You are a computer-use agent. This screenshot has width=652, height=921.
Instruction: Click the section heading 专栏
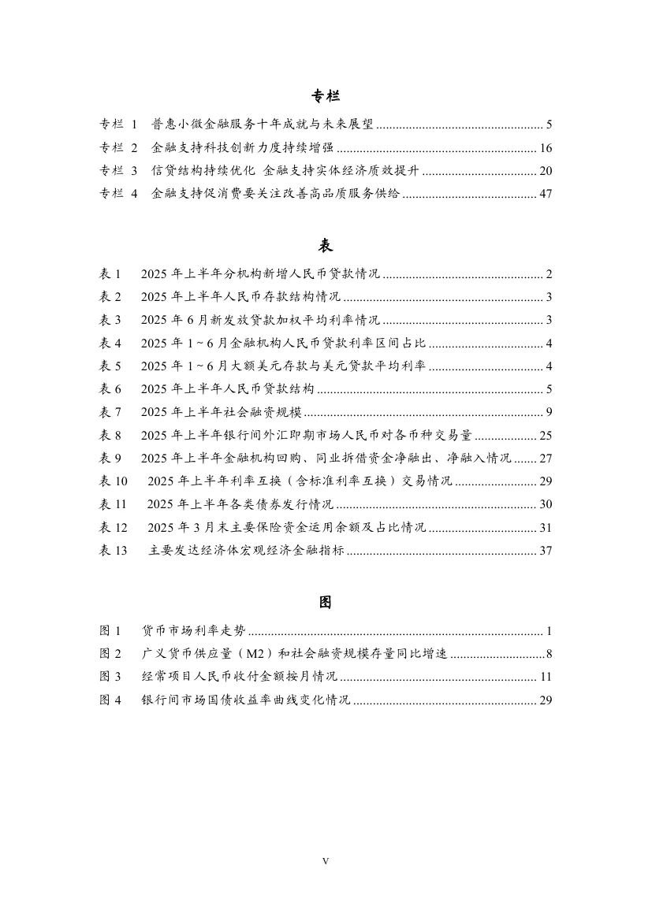click(x=326, y=96)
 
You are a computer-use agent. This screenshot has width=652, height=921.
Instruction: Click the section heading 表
click(x=326, y=245)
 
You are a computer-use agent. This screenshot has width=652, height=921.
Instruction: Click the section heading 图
click(x=326, y=602)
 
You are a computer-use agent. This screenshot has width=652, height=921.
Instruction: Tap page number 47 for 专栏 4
click(x=545, y=194)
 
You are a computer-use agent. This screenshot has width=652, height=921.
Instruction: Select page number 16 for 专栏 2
click(x=545, y=148)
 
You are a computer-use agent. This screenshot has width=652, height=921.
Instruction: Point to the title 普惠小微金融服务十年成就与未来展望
click(x=263, y=125)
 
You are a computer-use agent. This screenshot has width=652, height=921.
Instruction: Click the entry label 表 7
click(x=110, y=412)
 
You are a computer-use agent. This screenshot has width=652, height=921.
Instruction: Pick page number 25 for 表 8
click(x=545, y=435)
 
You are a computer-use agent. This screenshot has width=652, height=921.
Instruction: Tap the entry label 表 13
click(x=114, y=551)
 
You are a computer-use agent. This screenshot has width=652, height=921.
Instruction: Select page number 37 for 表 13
click(x=545, y=551)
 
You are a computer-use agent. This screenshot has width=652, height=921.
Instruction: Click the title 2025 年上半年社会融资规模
click(x=221, y=412)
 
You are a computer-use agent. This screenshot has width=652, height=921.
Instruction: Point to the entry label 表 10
click(x=114, y=481)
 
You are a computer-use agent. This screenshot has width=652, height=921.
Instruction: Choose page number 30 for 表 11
click(x=545, y=504)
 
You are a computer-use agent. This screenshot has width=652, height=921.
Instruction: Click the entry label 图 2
click(x=110, y=654)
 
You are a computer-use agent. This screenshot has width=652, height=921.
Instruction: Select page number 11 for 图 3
click(x=546, y=677)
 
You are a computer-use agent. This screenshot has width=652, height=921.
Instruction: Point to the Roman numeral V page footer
click(x=326, y=861)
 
